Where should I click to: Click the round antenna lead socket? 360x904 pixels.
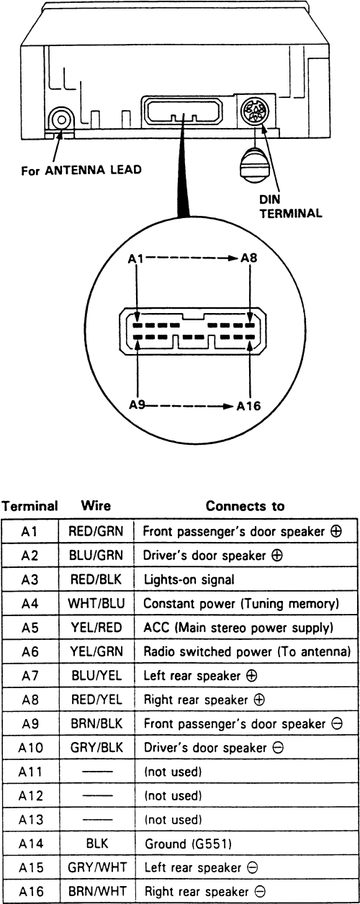click(61, 119)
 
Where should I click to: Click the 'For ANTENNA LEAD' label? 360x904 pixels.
click(81, 170)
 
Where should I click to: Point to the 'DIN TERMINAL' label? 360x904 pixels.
click(291, 207)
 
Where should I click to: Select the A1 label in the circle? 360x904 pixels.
click(136, 258)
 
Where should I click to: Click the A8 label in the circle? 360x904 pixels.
click(248, 258)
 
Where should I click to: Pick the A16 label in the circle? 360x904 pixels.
click(248, 406)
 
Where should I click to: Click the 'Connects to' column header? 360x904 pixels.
click(245, 506)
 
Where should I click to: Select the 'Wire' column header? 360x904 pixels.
click(96, 505)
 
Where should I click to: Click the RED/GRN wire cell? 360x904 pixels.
click(96, 530)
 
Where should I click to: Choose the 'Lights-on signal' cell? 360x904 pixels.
click(189, 579)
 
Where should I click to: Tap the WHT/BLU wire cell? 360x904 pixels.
click(96, 603)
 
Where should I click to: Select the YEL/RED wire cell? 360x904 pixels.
click(96, 628)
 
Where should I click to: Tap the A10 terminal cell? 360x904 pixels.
click(30, 748)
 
